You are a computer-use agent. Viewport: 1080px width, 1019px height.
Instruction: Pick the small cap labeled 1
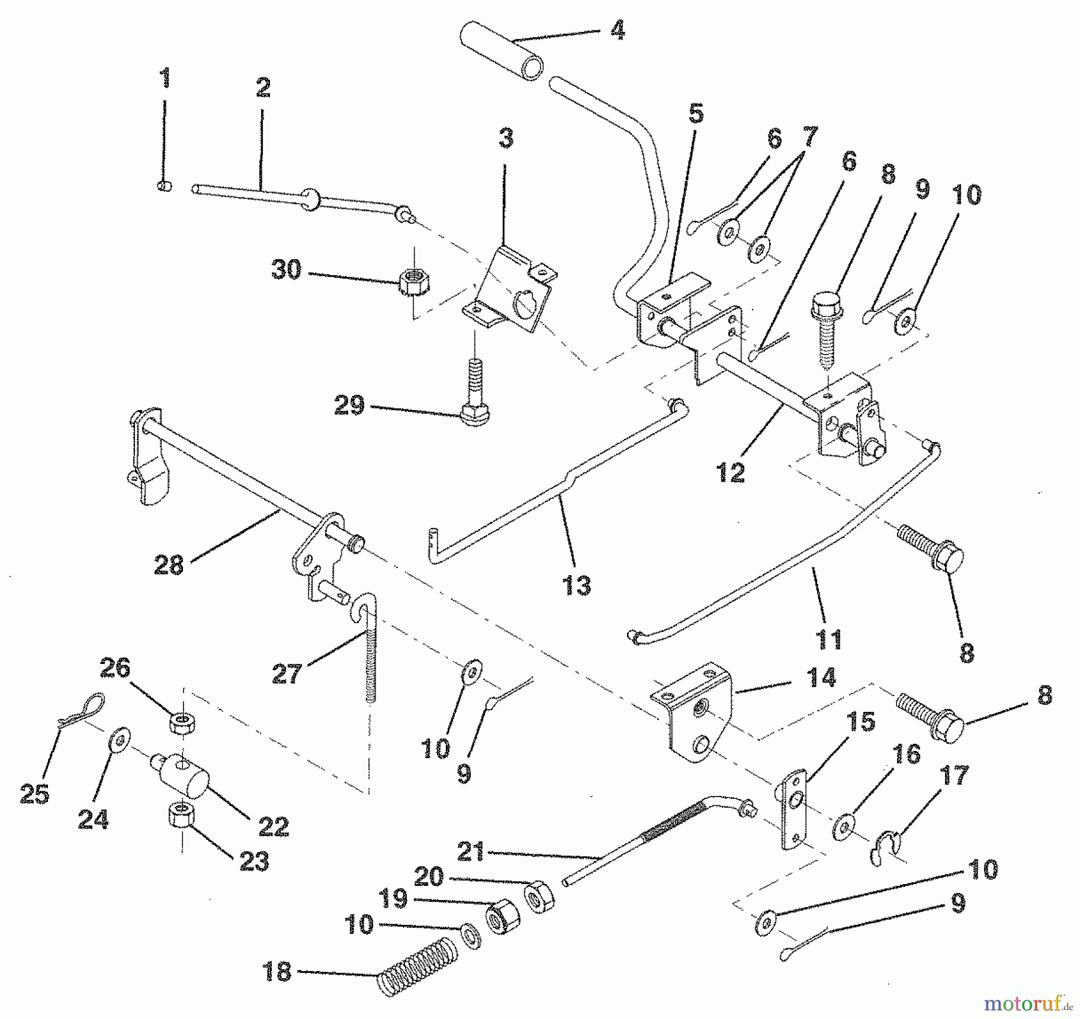164,187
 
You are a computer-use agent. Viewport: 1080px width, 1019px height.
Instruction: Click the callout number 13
577,585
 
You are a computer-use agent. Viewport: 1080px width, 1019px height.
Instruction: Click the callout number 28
168,564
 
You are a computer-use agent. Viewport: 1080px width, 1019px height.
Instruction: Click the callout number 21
471,852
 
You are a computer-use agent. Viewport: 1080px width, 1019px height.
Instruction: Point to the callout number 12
730,472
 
